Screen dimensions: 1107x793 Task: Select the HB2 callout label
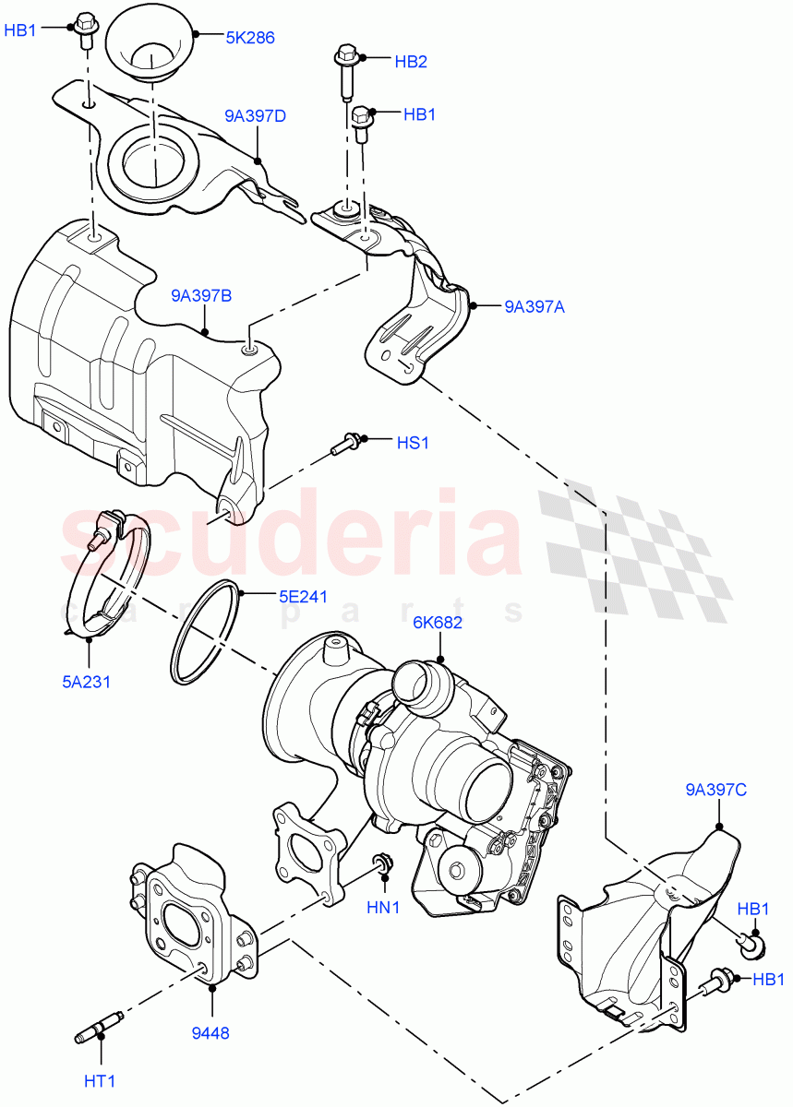411,61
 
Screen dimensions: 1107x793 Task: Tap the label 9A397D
255,116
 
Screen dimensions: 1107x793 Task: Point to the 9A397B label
200,296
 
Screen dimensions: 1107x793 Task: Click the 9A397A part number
535,307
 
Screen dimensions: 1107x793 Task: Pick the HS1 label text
413,443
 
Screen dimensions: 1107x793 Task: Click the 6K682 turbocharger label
438,623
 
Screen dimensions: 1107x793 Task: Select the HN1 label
383,908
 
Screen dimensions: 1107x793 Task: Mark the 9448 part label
211,1033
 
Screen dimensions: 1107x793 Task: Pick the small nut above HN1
379,864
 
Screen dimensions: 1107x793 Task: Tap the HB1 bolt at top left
86,30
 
